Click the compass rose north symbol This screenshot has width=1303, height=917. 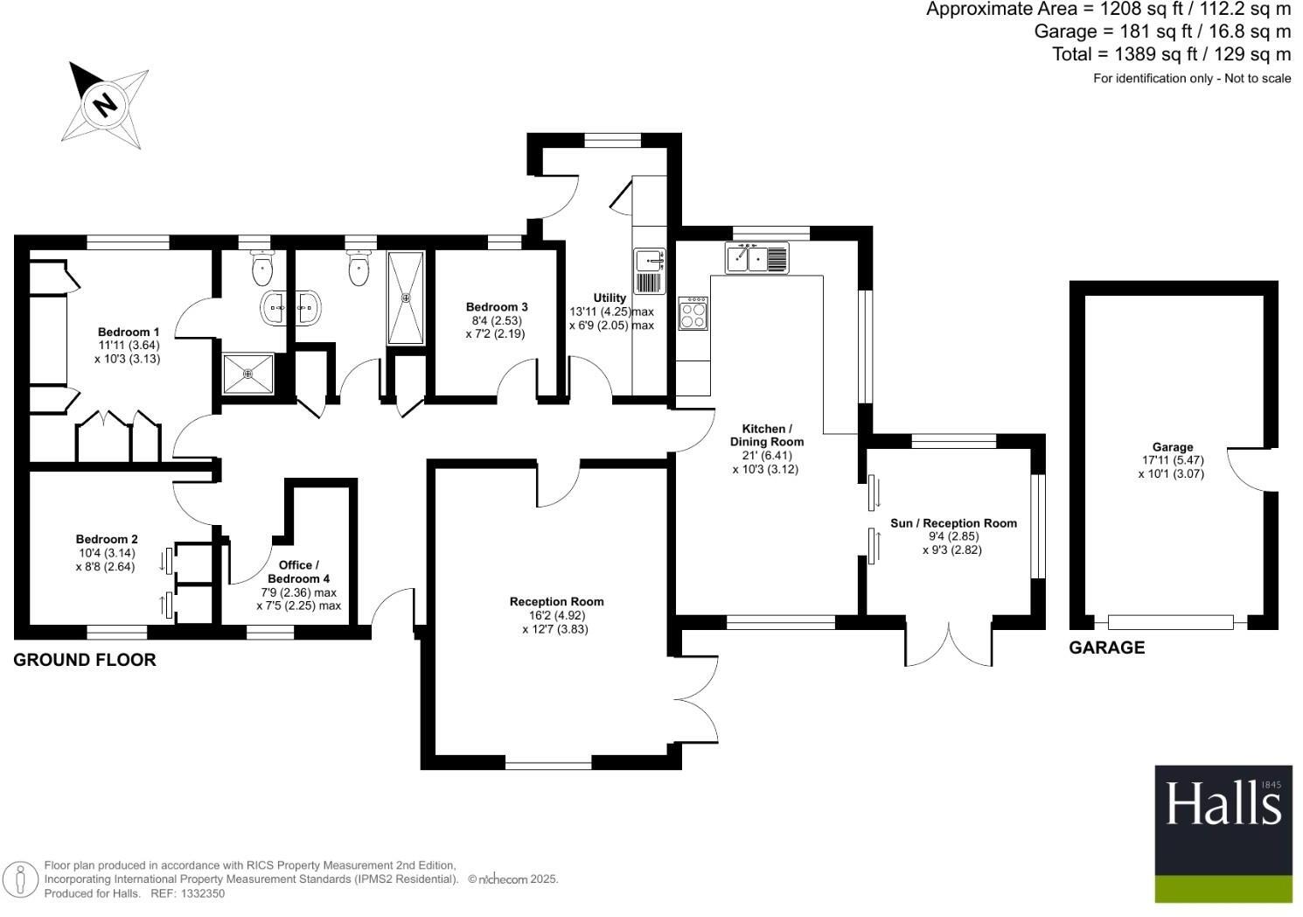point(105,105)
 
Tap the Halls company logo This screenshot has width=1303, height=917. point(1223,834)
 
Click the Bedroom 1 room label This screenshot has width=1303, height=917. point(129,332)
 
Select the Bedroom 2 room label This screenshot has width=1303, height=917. point(107,539)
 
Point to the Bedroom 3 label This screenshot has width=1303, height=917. point(497,307)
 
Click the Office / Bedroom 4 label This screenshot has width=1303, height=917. point(298,572)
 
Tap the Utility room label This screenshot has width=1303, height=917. point(610,297)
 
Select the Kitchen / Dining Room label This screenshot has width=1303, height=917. point(766,435)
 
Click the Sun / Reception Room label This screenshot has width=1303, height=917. point(953,523)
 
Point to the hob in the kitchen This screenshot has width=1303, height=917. point(693,314)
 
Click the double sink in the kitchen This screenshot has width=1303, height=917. point(756,258)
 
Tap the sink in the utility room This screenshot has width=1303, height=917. point(648,260)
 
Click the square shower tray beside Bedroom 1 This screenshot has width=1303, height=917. point(247,374)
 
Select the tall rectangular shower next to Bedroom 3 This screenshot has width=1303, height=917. point(406,297)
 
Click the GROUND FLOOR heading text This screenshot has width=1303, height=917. point(85,661)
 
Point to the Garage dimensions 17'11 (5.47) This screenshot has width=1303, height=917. point(1172,460)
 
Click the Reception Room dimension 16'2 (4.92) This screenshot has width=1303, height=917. point(557,615)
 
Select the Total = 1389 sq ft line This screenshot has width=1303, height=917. point(1171,54)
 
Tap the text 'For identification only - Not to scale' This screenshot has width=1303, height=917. point(1191,79)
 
